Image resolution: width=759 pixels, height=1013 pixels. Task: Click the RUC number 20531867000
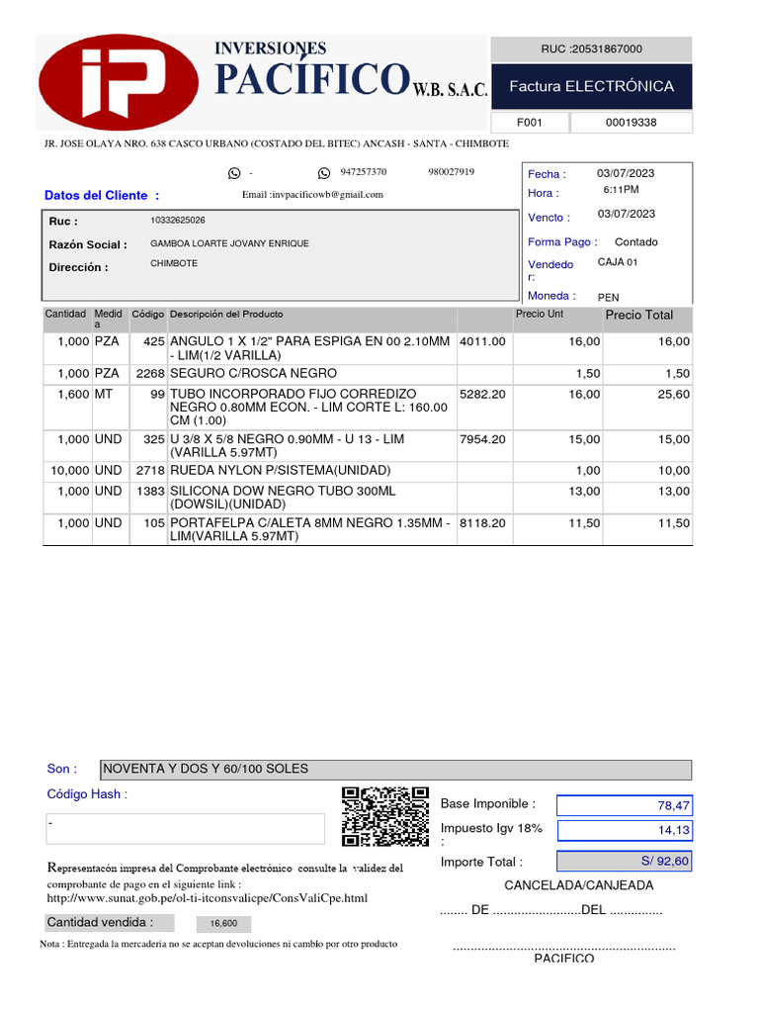click(x=591, y=48)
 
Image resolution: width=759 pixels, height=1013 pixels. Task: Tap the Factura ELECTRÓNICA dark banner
click(x=591, y=87)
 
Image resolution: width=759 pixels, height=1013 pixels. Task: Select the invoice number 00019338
click(x=631, y=123)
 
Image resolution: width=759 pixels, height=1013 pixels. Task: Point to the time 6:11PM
click(x=621, y=189)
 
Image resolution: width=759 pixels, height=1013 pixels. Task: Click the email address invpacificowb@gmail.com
click(x=312, y=195)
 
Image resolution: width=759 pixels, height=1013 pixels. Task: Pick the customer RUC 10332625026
click(x=178, y=220)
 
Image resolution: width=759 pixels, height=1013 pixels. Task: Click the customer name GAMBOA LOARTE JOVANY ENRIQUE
click(x=229, y=243)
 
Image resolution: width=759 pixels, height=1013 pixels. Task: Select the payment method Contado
click(x=635, y=241)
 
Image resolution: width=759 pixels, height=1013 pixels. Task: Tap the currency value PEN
click(x=609, y=297)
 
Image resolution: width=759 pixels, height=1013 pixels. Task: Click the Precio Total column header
click(x=638, y=315)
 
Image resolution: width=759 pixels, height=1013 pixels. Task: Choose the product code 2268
click(x=149, y=373)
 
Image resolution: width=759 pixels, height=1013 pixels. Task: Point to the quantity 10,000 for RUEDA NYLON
click(x=70, y=470)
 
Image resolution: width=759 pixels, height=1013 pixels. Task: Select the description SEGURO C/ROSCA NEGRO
click(x=253, y=373)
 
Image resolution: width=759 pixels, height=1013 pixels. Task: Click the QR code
click(x=385, y=816)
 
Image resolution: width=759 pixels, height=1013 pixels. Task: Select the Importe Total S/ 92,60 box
click(x=624, y=861)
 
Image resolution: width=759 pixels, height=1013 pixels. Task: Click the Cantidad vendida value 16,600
click(x=222, y=924)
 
